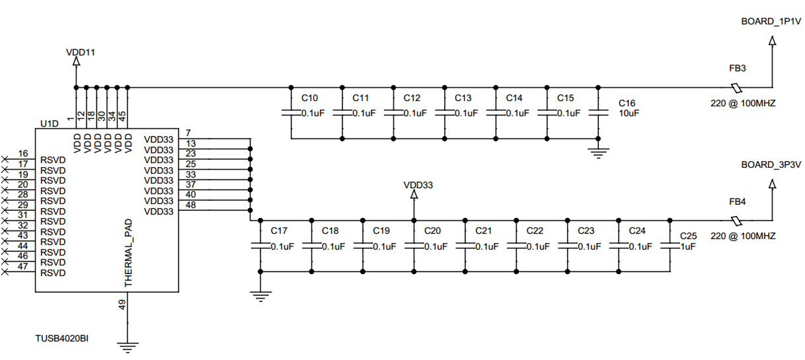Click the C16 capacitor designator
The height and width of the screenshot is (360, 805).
click(627, 104)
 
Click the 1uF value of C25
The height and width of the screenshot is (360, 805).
click(687, 246)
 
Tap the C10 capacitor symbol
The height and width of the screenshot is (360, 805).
click(291, 113)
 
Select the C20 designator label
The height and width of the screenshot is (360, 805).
click(432, 231)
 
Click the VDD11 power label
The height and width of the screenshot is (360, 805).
click(81, 52)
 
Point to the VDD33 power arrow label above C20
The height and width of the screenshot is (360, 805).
click(418, 186)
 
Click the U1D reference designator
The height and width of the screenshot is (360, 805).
click(49, 124)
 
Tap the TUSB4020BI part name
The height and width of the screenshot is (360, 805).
click(62, 338)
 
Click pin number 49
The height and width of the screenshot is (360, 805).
click(122, 305)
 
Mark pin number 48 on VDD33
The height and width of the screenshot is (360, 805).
click(190, 205)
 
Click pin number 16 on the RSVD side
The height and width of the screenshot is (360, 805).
click(22, 153)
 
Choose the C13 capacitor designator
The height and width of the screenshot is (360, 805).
click(463, 98)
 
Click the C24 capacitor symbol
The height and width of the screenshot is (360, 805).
click(619, 245)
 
